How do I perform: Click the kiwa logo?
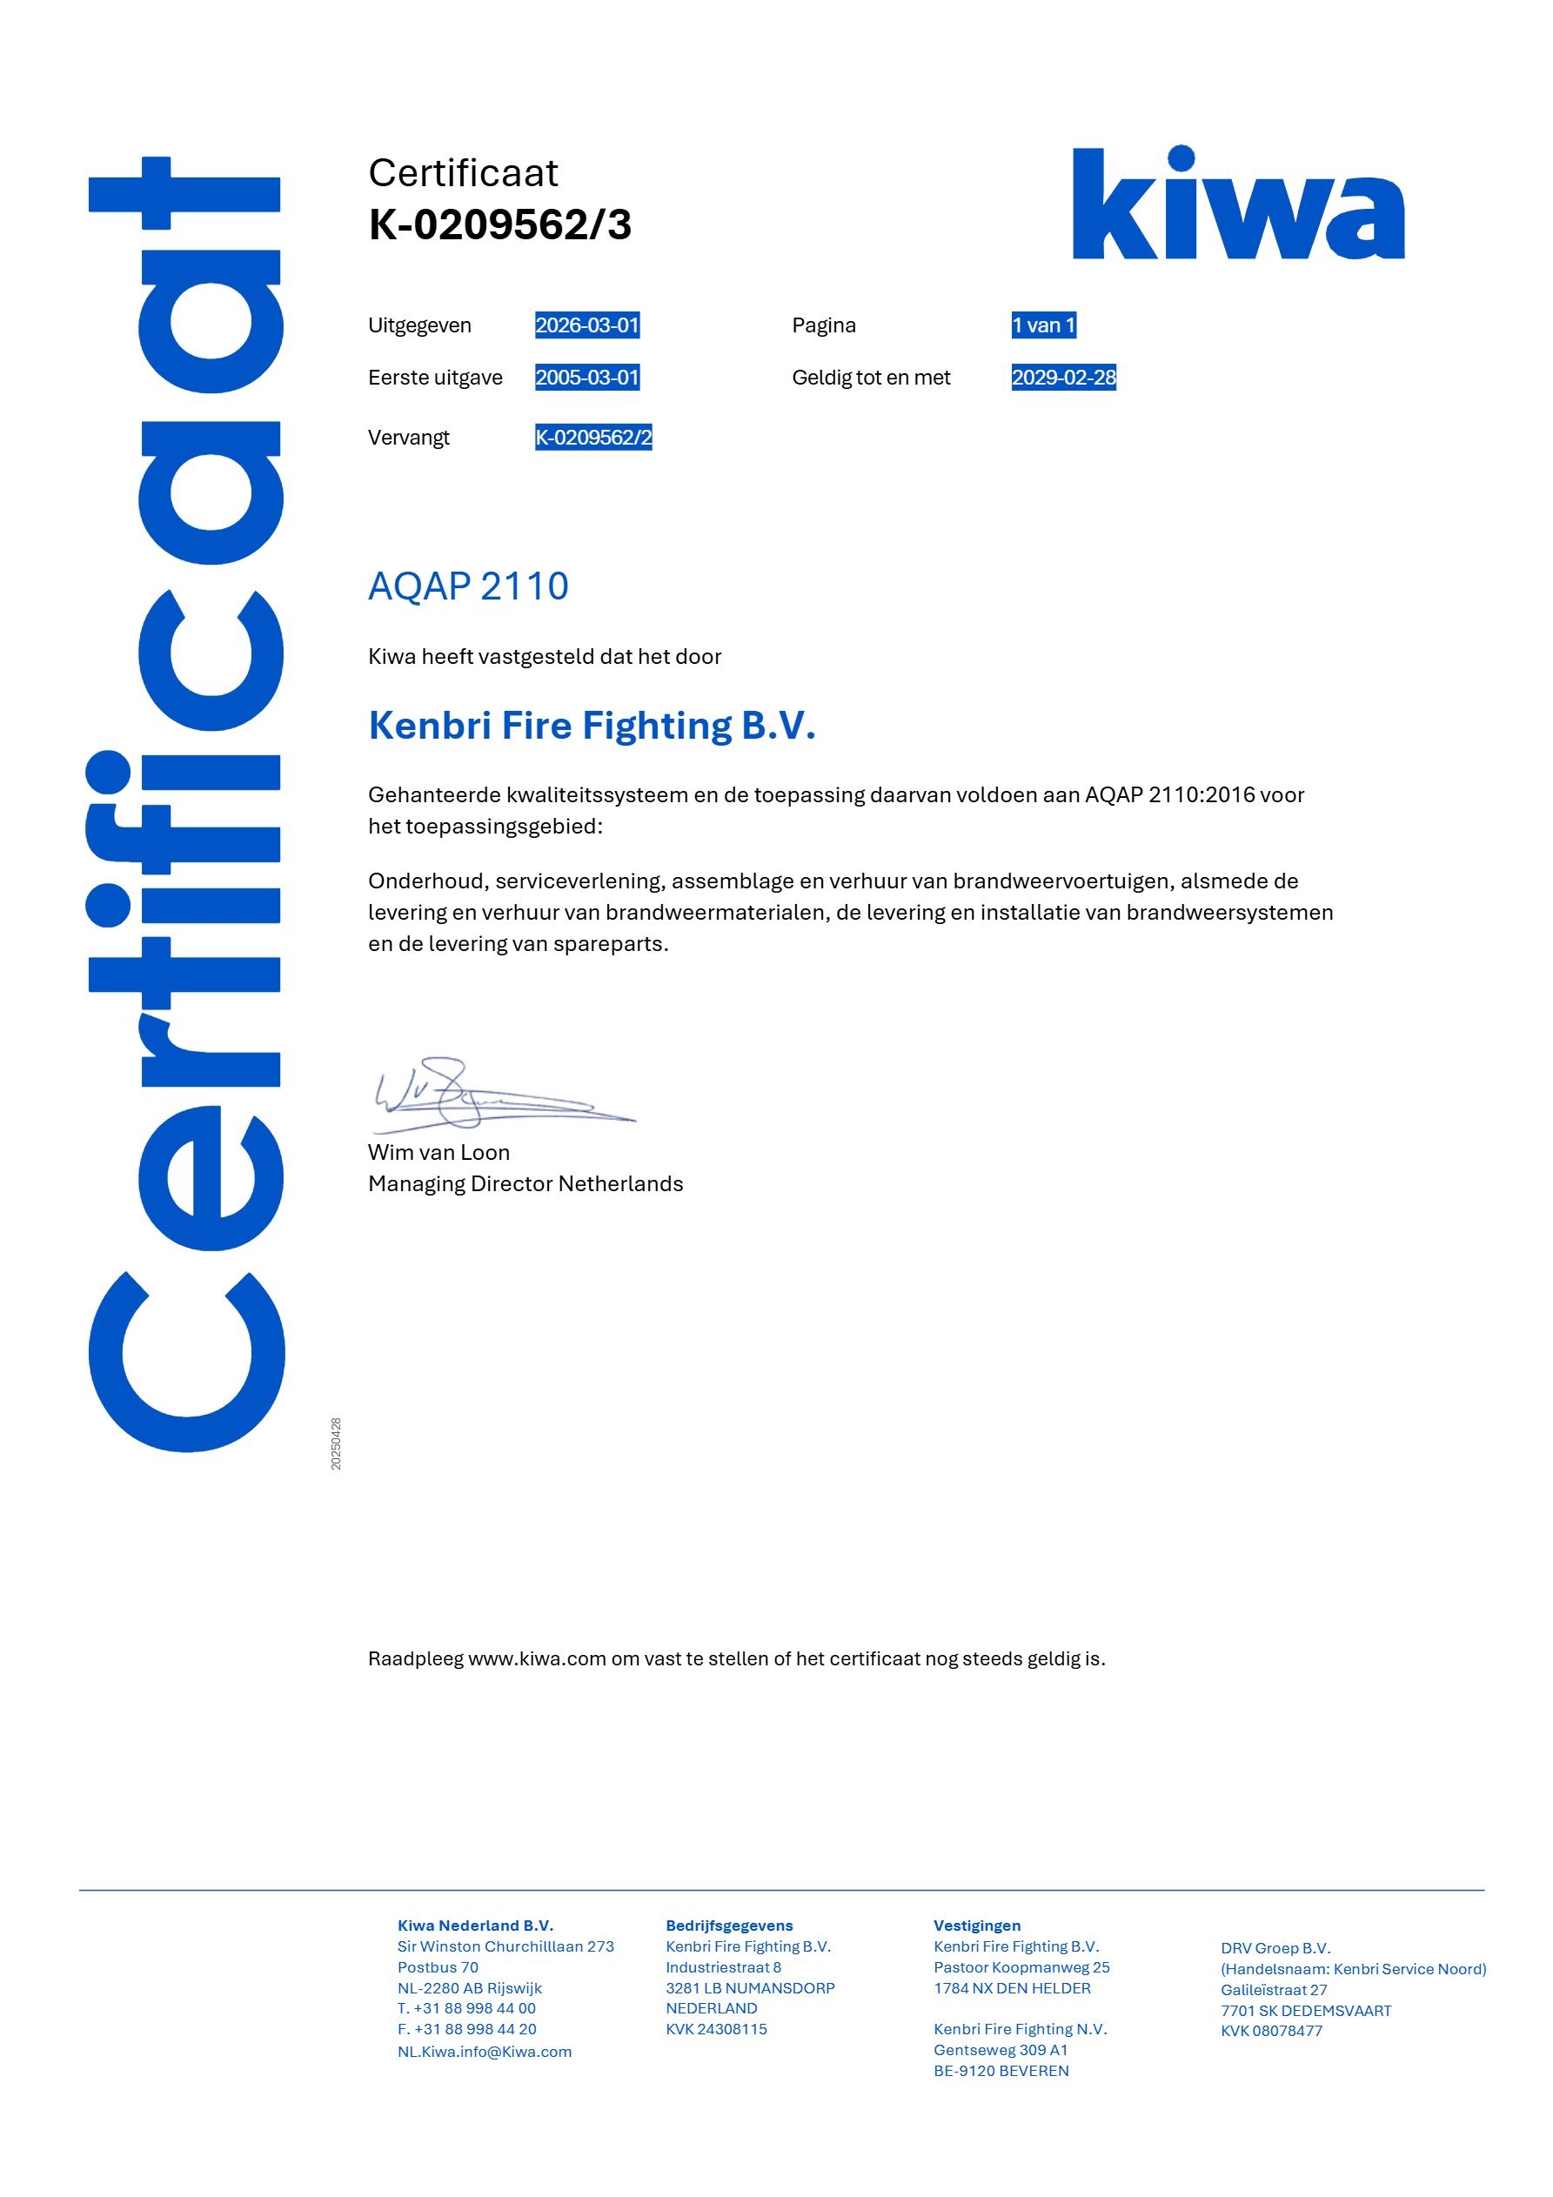click(1237, 203)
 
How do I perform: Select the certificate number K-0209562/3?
click(499, 224)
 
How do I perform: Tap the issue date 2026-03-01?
click(586, 325)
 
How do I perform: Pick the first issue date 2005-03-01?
click(586, 377)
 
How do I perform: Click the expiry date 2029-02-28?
click(1063, 377)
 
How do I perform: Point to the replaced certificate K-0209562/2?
click(593, 438)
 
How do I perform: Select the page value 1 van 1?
click(1043, 325)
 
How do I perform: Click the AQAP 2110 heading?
click(468, 586)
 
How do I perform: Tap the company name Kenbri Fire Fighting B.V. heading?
click(592, 726)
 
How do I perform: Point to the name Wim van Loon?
click(438, 1152)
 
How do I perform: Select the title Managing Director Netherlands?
click(525, 1183)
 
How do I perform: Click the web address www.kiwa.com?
click(537, 1658)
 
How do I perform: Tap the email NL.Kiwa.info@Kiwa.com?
click(485, 2052)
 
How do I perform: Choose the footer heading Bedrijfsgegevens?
click(729, 1926)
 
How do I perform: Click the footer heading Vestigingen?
click(977, 1926)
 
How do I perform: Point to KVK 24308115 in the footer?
click(716, 2028)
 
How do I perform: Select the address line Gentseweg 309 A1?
click(1000, 2050)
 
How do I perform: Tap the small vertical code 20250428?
click(336, 1443)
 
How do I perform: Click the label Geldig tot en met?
click(871, 377)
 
